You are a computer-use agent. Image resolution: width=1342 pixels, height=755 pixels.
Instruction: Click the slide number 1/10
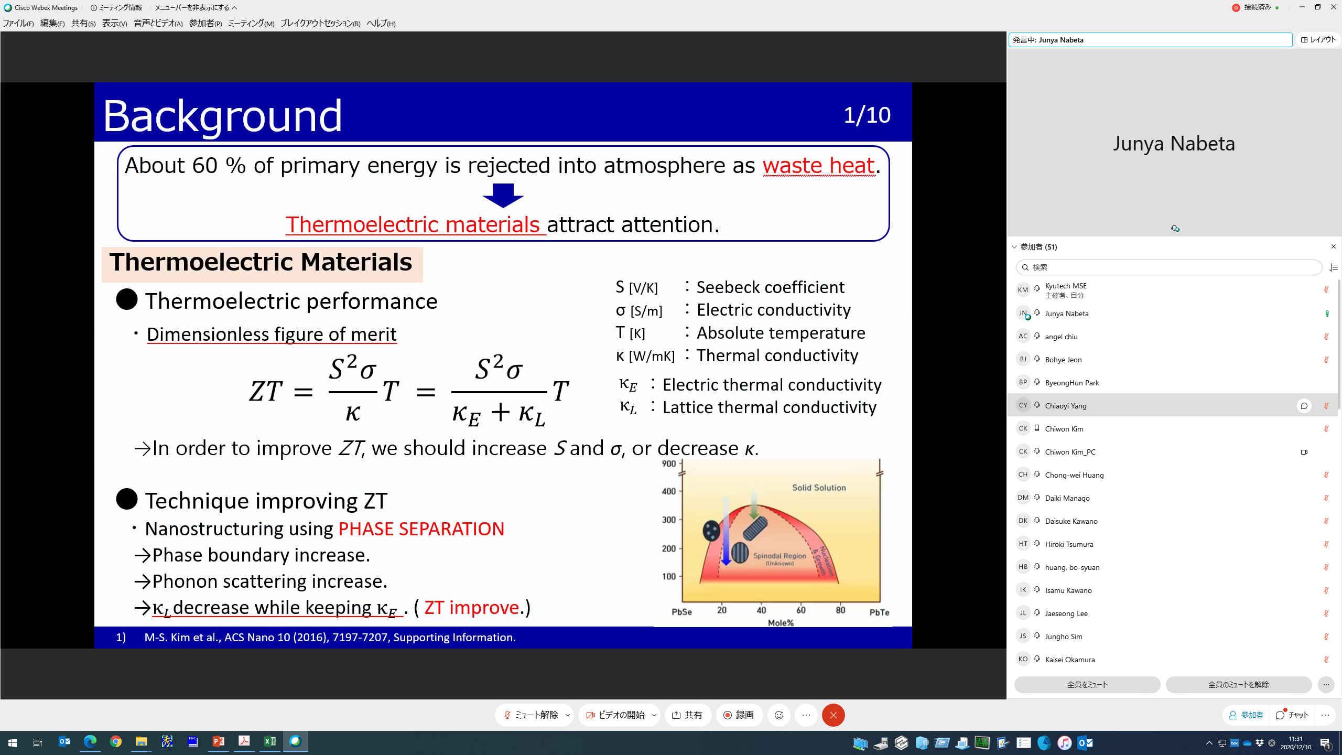[867, 115]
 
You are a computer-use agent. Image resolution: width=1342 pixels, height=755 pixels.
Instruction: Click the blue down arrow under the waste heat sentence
[503, 196]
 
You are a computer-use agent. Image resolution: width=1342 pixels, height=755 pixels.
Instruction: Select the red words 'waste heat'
[819, 166]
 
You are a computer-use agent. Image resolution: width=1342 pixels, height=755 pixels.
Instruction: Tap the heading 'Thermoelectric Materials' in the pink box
[261, 262]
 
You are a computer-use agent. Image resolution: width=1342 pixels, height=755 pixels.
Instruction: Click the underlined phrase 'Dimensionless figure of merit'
[272, 334]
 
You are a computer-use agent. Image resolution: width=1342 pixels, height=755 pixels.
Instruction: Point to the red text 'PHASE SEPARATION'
[421, 528]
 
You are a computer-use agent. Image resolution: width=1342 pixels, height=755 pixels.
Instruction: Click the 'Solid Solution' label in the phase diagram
[819, 488]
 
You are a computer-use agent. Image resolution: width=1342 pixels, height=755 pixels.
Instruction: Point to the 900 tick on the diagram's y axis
[669, 463]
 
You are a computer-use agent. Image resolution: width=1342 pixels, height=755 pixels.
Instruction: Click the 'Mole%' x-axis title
[781, 623]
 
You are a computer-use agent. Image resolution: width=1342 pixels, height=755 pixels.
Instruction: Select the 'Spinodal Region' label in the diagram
[780, 556]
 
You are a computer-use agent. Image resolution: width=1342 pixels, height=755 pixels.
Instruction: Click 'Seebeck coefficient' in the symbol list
[770, 287]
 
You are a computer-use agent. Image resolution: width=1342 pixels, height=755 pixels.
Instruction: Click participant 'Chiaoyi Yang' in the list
[1066, 406]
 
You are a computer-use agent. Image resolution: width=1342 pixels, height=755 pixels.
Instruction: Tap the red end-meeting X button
[833, 715]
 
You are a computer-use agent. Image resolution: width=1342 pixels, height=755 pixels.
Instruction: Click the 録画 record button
[739, 715]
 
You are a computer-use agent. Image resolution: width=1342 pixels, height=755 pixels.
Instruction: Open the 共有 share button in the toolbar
[687, 715]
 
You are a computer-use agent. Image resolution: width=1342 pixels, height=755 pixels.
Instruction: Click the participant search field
[1168, 267]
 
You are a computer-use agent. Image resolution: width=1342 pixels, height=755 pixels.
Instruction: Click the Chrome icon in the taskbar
[116, 742]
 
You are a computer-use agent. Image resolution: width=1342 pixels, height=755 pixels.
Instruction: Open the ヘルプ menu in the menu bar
[381, 24]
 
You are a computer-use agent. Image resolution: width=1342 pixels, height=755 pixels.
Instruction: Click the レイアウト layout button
[1318, 40]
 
